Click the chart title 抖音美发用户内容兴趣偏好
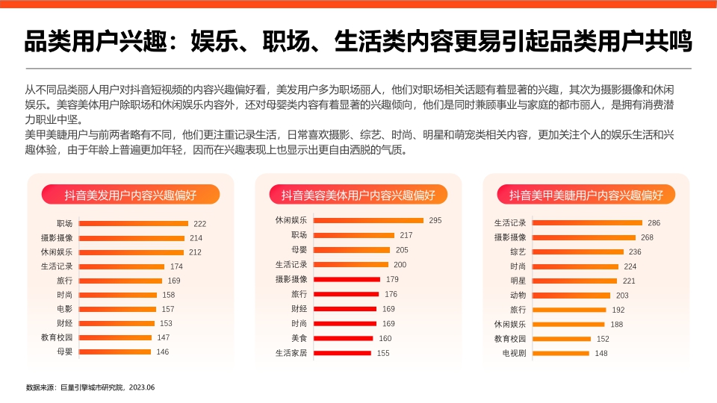point(130,196)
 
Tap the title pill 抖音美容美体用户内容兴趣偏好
point(358,196)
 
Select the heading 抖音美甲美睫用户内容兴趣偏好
point(586,196)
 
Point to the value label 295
point(435,220)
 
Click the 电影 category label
point(64,309)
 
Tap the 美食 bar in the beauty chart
point(342,338)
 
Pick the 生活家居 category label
point(291,353)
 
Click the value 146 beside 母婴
point(162,352)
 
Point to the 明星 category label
point(518,281)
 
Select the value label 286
point(654,223)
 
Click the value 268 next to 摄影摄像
point(647,237)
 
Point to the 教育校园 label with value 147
point(57,337)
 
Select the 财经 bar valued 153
point(117,323)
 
